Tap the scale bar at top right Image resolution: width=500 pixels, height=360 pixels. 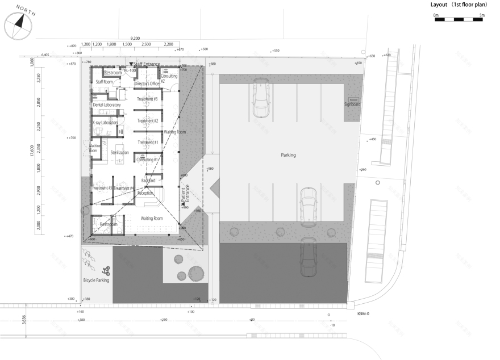458,19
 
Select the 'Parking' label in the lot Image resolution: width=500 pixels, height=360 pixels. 288,154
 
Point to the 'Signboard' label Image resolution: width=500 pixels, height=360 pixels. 353,104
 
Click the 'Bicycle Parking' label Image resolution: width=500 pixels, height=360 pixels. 96,280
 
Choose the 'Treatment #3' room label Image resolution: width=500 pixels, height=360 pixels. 147,99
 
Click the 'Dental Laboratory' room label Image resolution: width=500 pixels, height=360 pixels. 107,105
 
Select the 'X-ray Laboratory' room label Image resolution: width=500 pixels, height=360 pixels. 105,123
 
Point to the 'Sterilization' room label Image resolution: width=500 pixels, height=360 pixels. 120,153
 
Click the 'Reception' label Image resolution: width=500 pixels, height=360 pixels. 145,193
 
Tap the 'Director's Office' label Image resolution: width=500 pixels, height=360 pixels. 147,83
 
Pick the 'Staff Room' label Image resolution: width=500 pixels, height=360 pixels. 104,82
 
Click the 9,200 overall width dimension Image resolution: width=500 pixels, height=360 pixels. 135,37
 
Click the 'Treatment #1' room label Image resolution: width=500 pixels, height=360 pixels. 148,142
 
